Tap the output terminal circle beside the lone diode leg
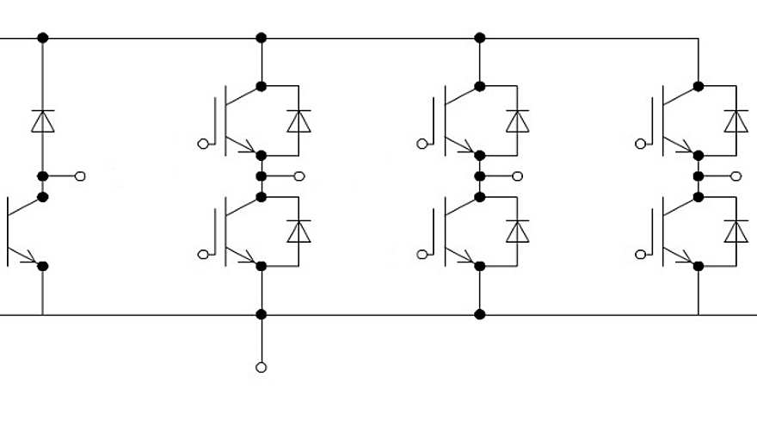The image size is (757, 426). point(81,176)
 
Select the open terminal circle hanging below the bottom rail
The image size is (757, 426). point(261,367)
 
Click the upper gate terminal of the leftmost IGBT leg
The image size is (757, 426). point(203,144)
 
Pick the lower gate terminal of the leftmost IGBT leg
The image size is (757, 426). point(203,254)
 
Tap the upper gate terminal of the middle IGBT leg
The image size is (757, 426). point(422,144)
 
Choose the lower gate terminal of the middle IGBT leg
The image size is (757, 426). point(422,254)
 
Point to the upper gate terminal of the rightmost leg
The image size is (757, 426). point(640,144)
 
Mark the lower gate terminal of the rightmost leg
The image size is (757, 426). point(640,254)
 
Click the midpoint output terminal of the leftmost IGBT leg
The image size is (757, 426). point(299,176)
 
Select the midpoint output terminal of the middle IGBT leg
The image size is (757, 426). point(518,176)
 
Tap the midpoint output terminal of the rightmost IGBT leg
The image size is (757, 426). point(736,176)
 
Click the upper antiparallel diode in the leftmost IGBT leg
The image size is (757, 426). point(298,121)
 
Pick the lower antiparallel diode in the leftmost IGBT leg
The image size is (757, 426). point(298,232)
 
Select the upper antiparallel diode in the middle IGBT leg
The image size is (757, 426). point(517,121)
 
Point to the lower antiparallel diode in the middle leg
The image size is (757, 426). point(517,232)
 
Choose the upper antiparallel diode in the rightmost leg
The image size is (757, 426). point(735,121)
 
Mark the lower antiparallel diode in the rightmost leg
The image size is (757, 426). point(735,232)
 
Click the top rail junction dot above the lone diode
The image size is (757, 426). point(42,38)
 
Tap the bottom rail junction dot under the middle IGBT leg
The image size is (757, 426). point(479,314)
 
